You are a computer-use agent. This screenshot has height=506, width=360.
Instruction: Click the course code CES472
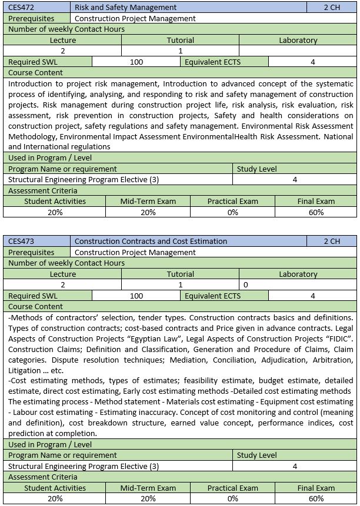coord(21,8)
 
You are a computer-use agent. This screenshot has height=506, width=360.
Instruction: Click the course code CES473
coord(21,241)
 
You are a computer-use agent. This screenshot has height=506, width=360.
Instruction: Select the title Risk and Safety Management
coord(125,8)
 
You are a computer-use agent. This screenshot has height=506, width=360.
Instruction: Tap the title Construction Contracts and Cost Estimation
coord(151,241)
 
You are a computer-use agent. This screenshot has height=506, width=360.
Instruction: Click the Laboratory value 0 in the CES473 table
coord(245,285)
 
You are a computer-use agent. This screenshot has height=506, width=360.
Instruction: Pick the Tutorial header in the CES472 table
coord(180,41)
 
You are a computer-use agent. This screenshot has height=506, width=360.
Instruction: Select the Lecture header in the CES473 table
coord(62,274)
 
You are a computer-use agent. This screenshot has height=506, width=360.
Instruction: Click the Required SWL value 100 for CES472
coord(136,62)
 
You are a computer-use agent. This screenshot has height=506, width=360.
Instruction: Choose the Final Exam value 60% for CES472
coord(316,212)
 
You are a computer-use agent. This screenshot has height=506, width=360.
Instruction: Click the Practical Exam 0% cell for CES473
coord(232,499)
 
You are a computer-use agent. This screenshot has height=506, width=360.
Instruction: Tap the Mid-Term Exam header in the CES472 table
coord(148,201)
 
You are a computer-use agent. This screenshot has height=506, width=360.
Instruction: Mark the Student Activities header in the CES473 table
coord(55,488)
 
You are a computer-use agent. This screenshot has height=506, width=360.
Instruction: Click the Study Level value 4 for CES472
coord(295,180)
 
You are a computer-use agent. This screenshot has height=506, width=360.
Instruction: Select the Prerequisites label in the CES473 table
coord(31,252)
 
